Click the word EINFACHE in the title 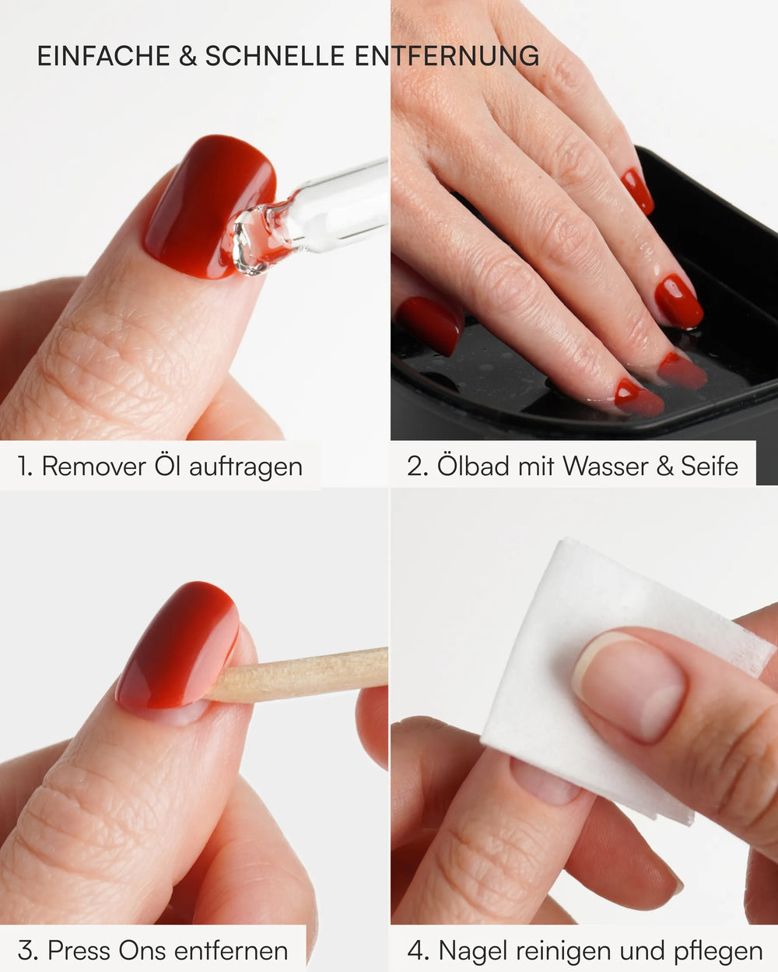coord(103,56)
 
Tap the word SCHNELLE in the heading coord(275,56)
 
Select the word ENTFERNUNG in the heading coord(447,56)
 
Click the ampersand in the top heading coord(187,56)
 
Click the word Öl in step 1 coord(167,466)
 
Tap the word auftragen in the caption coord(246,467)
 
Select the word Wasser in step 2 coord(605,466)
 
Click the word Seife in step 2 coord(710,466)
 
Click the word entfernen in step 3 coord(231,950)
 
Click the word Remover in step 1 coord(94,466)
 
